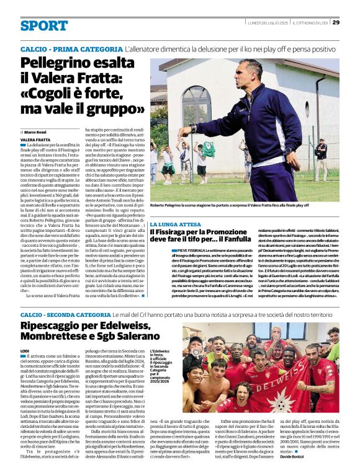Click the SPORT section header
click(x=44, y=25)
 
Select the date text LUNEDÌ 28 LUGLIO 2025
click(x=267, y=23)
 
